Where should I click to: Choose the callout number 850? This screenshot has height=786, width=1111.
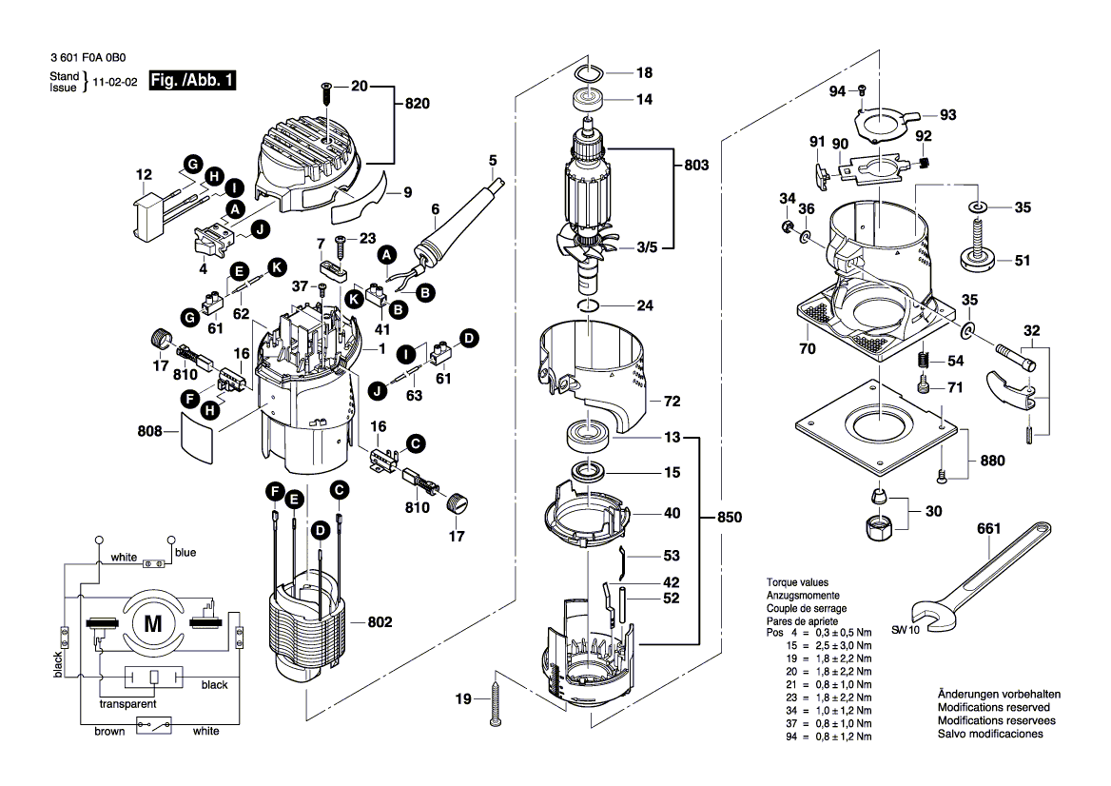click(x=728, y=518)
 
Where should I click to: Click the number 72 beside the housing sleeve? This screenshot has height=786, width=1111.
click(x=672, y=403)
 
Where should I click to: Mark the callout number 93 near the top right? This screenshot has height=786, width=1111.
click(x=947, y=115)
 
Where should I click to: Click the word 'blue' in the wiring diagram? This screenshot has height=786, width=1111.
click(x=185, y=552)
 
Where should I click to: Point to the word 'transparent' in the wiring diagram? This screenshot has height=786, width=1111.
click(x=128, y=704)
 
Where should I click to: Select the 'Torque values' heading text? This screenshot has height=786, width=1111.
click(x=797, y=581)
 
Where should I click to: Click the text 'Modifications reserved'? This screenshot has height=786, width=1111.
click(x=993, y=708)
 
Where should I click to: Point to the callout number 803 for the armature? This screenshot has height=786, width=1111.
click(x=696, y=165)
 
